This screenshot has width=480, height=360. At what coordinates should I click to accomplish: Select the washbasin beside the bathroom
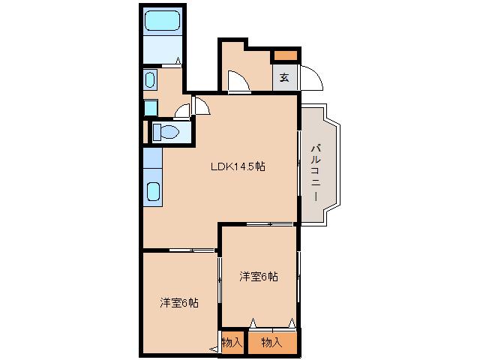click(149, 79)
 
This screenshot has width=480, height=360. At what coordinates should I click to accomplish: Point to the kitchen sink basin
click(153, 192)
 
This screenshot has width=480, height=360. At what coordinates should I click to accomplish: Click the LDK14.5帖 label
click(237, 167)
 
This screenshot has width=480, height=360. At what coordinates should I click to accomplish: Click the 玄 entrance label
click(285, 76)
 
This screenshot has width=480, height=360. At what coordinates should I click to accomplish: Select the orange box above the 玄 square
click(285, 55)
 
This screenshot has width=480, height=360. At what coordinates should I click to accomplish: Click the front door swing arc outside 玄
click(312, 76)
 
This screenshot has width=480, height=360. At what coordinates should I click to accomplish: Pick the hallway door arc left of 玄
click(238, 80)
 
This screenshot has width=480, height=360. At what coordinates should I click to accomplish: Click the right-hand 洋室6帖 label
click(259, 276)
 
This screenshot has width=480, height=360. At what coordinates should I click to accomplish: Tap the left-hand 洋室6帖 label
click(179, 303)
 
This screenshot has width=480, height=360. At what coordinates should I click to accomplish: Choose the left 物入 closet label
click(232, 342)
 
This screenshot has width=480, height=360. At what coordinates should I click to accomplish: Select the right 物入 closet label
click(271, 342)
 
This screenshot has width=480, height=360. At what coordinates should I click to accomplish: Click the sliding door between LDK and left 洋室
click(192, 249)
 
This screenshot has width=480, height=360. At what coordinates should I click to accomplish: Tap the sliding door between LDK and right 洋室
click(270, 223)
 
